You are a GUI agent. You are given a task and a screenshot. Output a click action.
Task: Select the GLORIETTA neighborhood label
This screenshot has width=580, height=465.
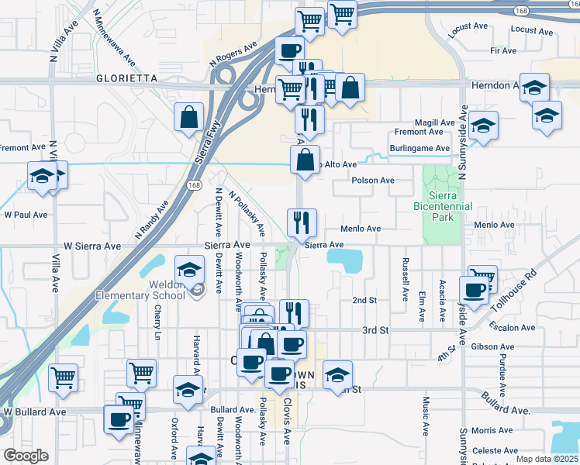126,78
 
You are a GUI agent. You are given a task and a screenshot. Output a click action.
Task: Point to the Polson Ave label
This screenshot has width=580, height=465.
373,181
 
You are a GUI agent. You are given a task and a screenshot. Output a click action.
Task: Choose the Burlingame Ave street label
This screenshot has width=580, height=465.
420,148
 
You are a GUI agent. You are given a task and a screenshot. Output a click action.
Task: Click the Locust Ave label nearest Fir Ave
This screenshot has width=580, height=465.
531,31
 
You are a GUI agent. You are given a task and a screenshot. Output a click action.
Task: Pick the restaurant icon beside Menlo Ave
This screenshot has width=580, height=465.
302,222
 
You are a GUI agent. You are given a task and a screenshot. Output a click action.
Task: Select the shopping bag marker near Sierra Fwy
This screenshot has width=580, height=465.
189,118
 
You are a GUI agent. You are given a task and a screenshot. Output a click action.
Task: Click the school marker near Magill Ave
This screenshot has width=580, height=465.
482,126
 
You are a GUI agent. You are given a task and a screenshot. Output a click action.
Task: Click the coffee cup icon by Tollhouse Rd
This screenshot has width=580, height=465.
475,291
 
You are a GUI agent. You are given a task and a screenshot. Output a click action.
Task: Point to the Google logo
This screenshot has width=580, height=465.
26,456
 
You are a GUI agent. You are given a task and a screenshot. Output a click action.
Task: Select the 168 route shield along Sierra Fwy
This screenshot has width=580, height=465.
194,184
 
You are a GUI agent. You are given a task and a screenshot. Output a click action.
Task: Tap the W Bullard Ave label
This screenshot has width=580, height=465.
30,411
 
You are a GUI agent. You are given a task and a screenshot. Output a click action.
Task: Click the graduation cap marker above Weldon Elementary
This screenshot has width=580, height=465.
188,269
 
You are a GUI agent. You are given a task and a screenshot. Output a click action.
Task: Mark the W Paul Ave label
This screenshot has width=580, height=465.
26,215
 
